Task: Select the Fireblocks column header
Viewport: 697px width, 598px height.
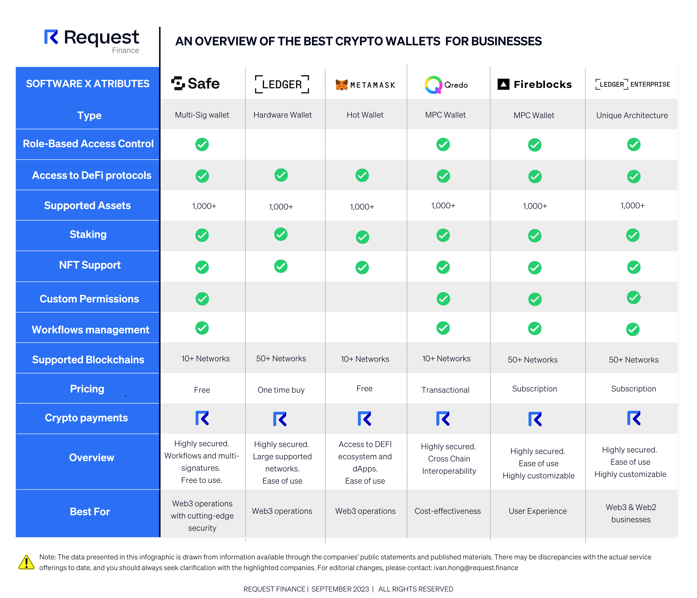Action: [534, 84]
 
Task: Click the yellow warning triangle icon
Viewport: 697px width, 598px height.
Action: [26, 562]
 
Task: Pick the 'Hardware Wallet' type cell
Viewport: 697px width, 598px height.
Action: [282, 115]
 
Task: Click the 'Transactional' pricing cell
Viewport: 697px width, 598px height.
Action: [445, 390]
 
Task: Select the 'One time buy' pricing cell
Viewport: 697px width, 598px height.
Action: [281, 390]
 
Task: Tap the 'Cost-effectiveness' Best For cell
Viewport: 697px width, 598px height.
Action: [447, 511]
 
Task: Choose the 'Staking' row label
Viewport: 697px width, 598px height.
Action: [88, 234]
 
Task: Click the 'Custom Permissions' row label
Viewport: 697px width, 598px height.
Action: [89, 299]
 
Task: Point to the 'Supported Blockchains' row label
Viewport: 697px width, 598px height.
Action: [88, 360]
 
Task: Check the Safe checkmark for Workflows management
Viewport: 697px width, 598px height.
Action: [202, 328]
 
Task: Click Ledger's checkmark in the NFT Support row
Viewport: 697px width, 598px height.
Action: [281, 266]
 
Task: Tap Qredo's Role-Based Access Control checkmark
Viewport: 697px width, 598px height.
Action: [443, 145]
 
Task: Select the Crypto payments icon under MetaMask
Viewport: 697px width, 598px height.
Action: [364, 419]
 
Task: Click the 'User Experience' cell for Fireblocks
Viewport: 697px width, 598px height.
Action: [537, 511]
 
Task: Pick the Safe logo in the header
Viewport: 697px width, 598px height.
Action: [195, 83]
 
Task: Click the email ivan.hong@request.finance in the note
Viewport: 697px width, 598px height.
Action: [476, 568]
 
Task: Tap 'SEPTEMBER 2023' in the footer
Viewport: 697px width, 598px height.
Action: [340, 589]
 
